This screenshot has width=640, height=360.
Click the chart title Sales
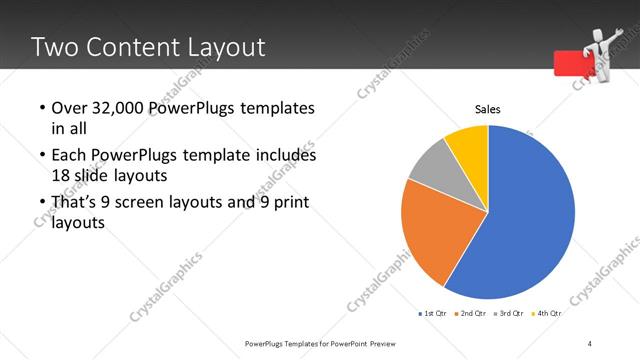click(x=487, y=110)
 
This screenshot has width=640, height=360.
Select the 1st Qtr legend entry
click(x=433, y=313)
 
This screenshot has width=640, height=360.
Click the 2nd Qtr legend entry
click(x=470, y=313)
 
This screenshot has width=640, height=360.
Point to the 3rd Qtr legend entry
click(x=509, y=313)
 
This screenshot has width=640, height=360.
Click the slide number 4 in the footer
click(x=590, y=343)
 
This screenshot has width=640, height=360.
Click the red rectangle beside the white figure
click(x=570, y=63)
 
